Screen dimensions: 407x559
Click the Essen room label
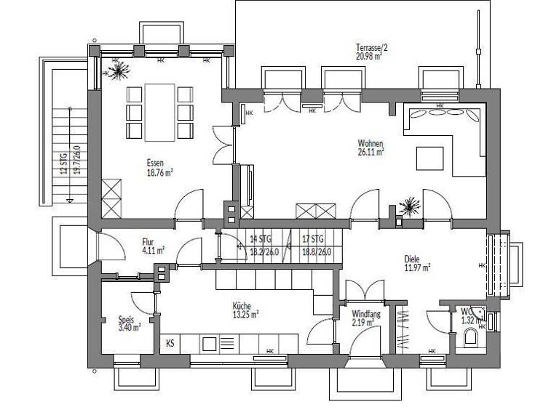(x=154, y=163)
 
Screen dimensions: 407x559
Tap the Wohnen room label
(x=370, y=142)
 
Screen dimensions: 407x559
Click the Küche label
(x=242, y=306)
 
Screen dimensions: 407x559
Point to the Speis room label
(x=126, y=319)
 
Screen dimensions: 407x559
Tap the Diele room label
(x=413, y=258)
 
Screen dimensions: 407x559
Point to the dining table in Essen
(x=159, y=112)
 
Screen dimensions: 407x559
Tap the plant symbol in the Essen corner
(x=117, y=70)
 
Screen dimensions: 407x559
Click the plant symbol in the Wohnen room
(x=408, y=206)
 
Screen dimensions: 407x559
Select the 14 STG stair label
(x=259, y=239)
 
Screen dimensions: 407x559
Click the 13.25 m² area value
(x=245, y=315)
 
